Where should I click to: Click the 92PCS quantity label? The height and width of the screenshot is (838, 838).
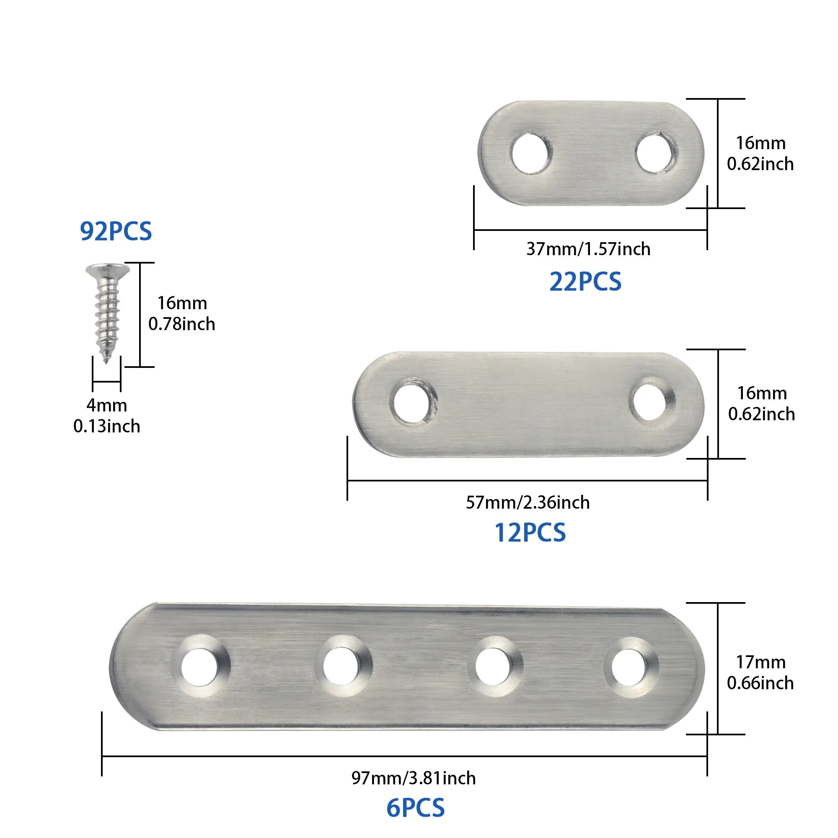[x=116, y=231]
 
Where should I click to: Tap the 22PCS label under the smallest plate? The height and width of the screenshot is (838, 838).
[x=585, y=282]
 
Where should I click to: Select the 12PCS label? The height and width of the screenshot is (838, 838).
[x=530, y=533]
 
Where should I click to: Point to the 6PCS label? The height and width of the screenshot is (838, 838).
[x=416, y=808]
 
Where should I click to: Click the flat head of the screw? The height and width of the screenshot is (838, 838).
[x=108, y=270]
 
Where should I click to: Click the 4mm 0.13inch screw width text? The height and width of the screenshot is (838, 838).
[x=107, y=416]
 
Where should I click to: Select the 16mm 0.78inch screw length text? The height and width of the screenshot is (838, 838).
[x=182, y=313]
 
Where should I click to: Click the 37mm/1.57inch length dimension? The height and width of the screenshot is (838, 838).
[x=588, y=249]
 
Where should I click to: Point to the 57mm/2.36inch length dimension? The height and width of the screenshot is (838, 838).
[x=528, y=502]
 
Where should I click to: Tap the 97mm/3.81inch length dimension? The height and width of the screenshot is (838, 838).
[x=414, y=778]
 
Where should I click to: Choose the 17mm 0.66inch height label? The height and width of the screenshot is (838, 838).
[x=760, y=672]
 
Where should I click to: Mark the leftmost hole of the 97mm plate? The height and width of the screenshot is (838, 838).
[x=199, y=667]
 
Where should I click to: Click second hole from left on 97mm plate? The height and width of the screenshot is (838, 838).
[x=341, y=667]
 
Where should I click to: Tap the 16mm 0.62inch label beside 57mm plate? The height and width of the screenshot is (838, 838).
[x=762, y=403]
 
